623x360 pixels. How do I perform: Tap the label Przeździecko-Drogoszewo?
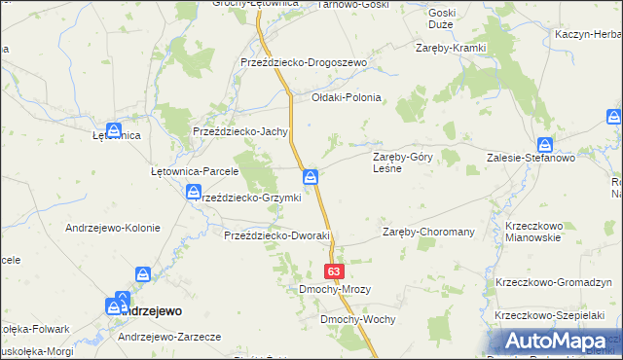pos(303,62)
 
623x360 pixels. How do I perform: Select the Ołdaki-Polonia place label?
pos(346,97)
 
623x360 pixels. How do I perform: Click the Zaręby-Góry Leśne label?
pos(403,162)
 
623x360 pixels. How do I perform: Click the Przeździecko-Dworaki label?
pos(278,235)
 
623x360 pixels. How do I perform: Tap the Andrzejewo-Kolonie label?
pos(112,228)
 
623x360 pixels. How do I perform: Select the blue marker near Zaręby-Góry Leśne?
pos(311,176)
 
